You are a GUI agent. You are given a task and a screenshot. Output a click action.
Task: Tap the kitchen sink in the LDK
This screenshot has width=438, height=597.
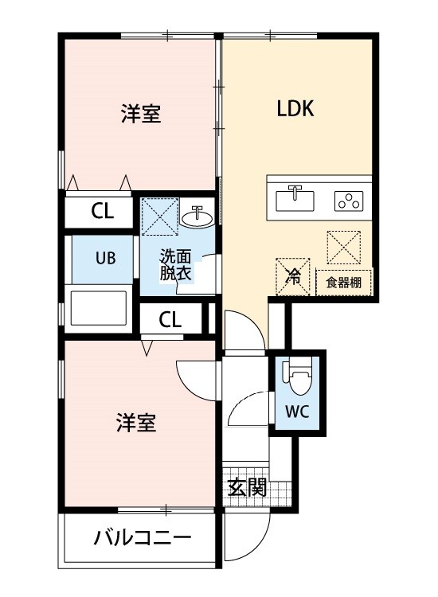click(x=295, y=198)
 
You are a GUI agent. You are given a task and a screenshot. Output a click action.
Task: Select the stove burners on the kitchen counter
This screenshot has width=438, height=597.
click(x=348, y=201)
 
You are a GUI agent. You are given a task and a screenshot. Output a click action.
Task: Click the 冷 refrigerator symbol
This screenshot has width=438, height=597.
click(x=292, y=277)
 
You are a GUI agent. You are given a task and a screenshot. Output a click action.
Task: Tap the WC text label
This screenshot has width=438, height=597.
click(x=298, y=412)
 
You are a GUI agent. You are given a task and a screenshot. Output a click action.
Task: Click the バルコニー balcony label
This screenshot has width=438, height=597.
click(x=143, y=538)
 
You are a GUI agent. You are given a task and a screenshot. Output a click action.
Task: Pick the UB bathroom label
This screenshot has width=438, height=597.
click(x=107, y=258)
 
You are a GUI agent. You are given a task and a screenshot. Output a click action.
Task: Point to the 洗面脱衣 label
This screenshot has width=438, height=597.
click(x=176, y=264)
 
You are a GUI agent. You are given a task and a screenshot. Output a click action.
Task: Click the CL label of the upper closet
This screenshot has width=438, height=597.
click(x=102, y=211)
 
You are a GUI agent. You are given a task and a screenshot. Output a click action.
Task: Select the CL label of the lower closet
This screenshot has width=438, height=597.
click(x=170, y=319)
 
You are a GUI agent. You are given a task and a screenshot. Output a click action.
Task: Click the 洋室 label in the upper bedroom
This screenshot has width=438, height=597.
click(x=141, y=115)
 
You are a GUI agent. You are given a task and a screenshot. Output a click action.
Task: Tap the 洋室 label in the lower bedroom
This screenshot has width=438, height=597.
click(x=135, y=422)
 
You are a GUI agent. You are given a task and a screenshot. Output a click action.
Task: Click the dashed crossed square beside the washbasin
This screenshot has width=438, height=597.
click(x=158, y=215)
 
